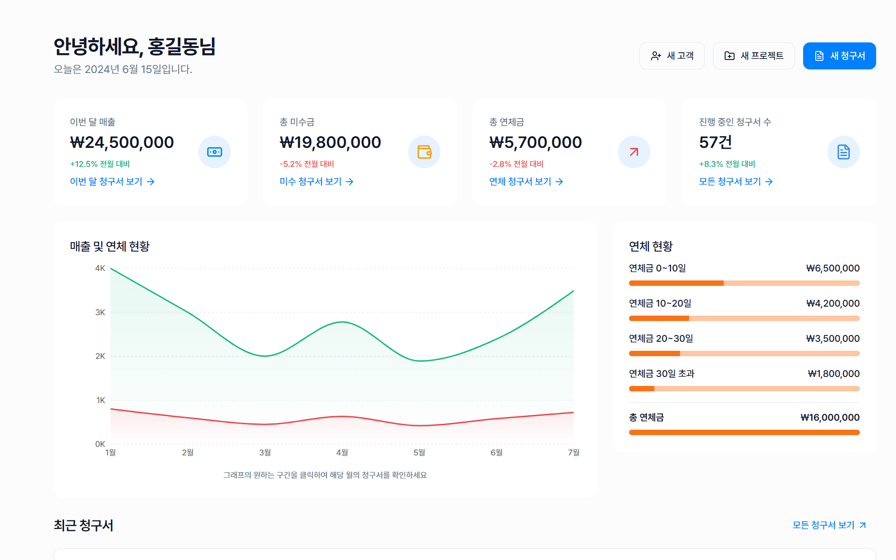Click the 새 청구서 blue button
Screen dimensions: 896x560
tap(839, 56)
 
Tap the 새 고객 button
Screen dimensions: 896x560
tap(672, 56)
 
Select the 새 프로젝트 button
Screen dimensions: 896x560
tap(754, 56)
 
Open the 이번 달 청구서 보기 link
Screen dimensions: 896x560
tap(112, 182)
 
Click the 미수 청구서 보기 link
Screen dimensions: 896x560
tap(317, 182)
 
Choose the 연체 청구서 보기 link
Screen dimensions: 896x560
tap(526, 182)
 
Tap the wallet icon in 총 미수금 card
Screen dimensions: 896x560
tap(424, 152)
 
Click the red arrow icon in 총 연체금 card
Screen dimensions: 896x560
tap(634, 152)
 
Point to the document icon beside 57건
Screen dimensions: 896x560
tap(844, 152)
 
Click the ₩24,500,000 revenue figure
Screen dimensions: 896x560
tap(122, 142)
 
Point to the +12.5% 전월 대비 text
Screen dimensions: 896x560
tap(100, 164)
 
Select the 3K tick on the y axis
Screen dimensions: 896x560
tap(100, 312)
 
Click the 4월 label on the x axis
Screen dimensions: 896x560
tap(342, 452)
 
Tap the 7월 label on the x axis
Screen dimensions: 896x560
tap(574, 452)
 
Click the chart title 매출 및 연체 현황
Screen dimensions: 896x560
tap(110, 246)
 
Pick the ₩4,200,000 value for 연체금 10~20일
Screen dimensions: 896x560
tap(833, 303)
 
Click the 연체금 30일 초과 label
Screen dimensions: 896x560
tap(662, 374)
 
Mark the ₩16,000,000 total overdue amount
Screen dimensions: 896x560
tap(830, 418)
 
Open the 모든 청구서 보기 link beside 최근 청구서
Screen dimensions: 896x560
tap(829, 525)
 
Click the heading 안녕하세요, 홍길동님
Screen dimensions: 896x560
tap(134, 47)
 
